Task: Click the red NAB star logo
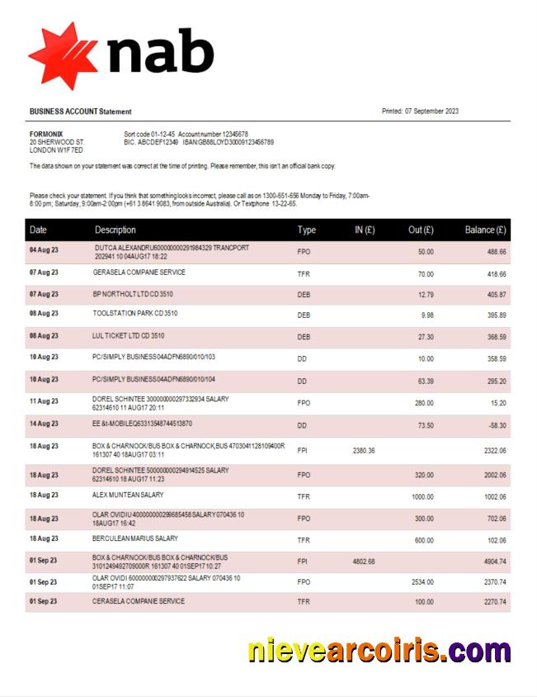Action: (x=63, y=55)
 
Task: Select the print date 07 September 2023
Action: (x=431, y=111)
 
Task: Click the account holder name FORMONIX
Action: (x=46, y=134)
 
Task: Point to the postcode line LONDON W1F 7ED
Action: (x=56, y=150)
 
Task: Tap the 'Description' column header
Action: (x=115, y=230)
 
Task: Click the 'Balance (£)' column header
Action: (x=485, y=230)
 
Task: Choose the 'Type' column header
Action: (x=306, y=230)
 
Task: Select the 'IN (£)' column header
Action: (x=365, y=230)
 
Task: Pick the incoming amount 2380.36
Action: (x=364, y=450)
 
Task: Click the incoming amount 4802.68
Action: (x=364, y=562)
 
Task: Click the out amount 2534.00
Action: (x=422, y=581)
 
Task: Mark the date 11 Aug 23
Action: (x=44, y=401)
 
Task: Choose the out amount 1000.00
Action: (x=422, y=495)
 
